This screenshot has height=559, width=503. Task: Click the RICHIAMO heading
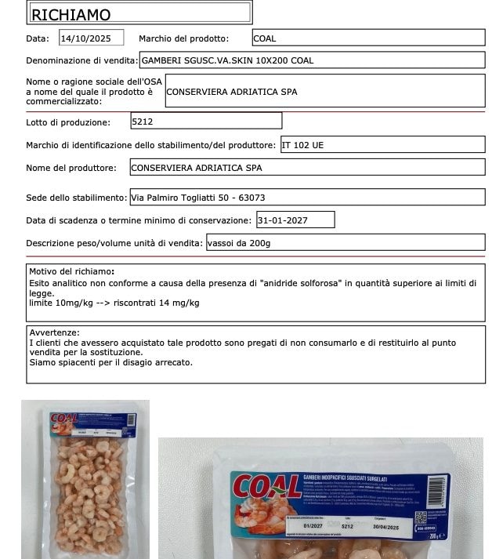click(x=71, y=14)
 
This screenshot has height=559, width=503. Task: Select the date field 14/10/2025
click(x=91, y=38)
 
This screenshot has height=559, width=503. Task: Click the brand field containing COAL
click(x=367, y=38)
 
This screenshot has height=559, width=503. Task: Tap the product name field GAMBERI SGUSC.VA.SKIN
click(x=312, y=60)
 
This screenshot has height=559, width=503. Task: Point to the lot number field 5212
click(x=205, y=122)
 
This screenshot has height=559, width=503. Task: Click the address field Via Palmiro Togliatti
click(x=306, y=198)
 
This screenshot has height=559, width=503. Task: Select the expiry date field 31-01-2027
click(x=295, y=220)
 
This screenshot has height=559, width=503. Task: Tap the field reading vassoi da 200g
click(x=345, y=243)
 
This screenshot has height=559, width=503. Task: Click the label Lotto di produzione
click(x=68, y=122)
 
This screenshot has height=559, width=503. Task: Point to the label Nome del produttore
click(x=71, y=168)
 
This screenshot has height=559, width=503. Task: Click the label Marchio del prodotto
click(x=183, y=38)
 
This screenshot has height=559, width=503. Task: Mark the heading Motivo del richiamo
click(x=72, y=271)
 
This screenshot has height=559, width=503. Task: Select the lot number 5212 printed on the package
click(x=348, y=526)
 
